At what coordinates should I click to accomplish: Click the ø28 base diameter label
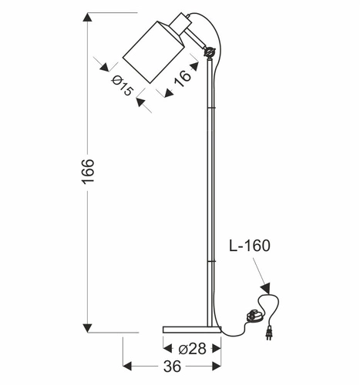point(192,348)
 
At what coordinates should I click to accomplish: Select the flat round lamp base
point(192,329)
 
